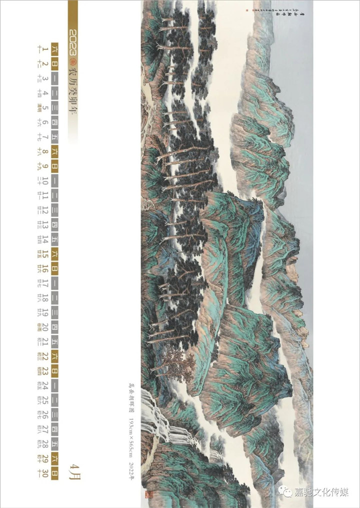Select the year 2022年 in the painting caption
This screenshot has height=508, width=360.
click(x=132, y=472)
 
